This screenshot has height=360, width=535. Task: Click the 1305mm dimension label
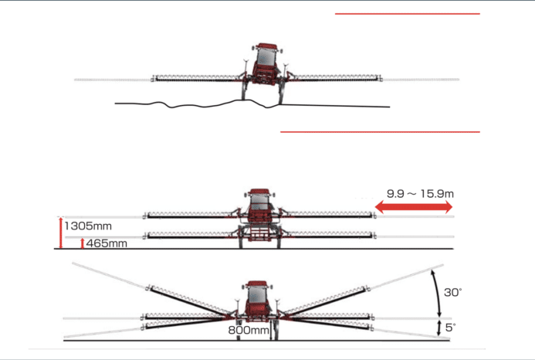coord(88,226)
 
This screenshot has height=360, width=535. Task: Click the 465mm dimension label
coord(107,243)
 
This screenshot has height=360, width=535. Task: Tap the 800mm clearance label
coord(249,330)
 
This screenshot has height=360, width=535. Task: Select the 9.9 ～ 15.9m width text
coord(420,194)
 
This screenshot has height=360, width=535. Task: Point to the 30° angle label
coord(452,292)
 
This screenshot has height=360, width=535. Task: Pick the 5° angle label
coord(450,328)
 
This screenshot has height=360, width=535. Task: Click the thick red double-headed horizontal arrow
coord(414,206)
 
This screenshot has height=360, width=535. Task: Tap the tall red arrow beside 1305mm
coord(61,233)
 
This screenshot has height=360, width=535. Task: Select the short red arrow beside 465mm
coord(83,243)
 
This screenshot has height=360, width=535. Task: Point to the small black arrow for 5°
coord(439,328)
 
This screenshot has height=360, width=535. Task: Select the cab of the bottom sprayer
coord(258,295)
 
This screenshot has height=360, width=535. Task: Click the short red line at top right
coord(408,14)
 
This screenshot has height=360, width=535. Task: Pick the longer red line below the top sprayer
coord(380,131)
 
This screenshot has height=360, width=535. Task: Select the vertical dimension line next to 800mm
coord(271,330)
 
